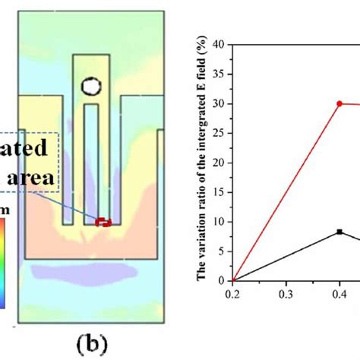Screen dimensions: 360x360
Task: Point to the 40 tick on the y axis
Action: click(221, 45)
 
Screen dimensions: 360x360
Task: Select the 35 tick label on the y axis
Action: click(221, 74)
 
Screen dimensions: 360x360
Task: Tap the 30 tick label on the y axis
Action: click(221, 104)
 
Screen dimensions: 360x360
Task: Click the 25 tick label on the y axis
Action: click(221, 133)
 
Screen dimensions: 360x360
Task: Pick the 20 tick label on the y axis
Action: click(221, 163)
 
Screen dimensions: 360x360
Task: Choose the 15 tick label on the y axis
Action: click(221, 192)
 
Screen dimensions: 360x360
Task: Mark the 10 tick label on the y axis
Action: click(221, 222)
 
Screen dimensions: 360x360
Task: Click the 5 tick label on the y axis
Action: click(223, 251)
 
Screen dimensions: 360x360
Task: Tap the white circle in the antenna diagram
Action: click(91, 86)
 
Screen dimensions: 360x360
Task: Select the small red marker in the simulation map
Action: click(103, 222)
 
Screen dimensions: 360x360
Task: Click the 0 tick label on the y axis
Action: click(223, 280)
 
